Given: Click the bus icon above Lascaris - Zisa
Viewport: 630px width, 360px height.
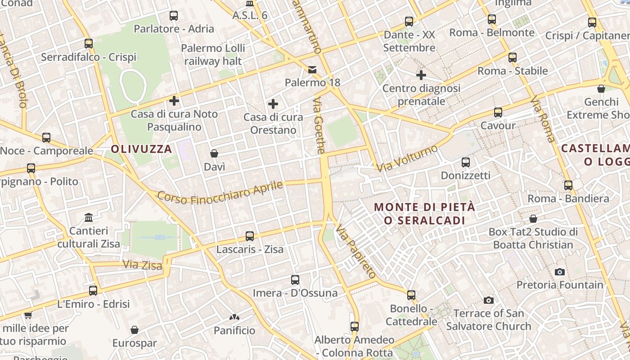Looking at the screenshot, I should [x=249, y=236].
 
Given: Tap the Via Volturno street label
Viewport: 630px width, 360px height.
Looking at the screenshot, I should [x=407, y=158].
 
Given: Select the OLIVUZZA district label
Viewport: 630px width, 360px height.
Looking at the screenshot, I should [x=141, y=149].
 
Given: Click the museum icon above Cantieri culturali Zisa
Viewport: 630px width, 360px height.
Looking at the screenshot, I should [x=89, y=218].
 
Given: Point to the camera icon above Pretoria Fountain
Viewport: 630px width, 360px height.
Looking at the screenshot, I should [x=559, y=271].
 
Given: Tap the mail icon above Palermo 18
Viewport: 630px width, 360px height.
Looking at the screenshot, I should [x=312, y=69].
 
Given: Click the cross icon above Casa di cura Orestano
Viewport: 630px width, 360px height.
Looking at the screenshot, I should [x=273, y=104].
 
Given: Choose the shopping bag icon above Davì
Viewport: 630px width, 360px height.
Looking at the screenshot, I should [x=214, y=153].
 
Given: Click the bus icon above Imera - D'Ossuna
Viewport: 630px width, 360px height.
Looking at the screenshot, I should [x=295, y=280].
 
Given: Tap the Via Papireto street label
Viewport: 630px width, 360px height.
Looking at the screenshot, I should [x=356, y=251].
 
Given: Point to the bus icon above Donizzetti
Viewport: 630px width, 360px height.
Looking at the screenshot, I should [x=465, y=162].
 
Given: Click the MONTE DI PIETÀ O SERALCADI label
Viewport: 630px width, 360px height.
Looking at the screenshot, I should [x=424, y=214].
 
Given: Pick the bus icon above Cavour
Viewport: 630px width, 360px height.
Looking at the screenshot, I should [x=498, y=112].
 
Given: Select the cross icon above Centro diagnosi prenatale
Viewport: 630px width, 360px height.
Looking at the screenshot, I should [x=421, y=75].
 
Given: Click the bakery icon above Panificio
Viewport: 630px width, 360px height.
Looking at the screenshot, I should [x=234, y=317].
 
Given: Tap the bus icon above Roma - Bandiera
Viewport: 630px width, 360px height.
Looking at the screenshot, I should [x=568, y=185].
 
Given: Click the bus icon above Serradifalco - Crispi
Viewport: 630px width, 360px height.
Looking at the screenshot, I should [x=89, y=44].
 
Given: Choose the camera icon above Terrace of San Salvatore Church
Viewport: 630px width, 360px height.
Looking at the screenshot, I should [x=488, y=300].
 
